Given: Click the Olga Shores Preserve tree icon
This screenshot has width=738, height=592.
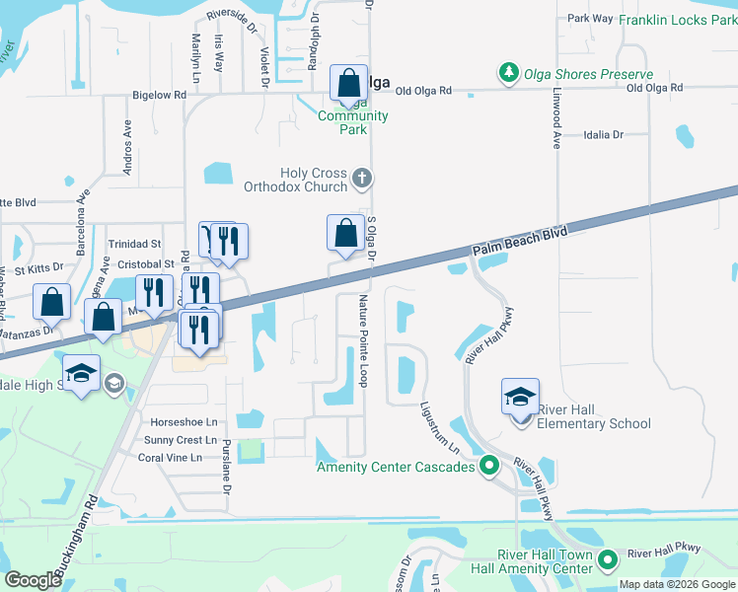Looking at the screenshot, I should [x=508, y=74].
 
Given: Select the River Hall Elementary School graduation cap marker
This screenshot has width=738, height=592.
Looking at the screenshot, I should [x=520, y=398].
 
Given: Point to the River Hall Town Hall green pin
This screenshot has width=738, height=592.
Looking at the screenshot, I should [x=609, y=560].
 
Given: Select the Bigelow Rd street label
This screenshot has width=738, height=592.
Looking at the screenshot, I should [x=159, y=96].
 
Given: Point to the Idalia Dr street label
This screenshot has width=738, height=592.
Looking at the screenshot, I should [x=603, y=134].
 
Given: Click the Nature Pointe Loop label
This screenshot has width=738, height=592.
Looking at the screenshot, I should [x=363, y=340].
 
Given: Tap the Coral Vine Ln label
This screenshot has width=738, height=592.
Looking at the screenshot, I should [x=170, y=458].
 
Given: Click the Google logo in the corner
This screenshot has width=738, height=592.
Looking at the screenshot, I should [x=33, y=580].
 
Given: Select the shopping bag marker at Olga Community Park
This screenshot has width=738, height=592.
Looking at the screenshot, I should [x=349, y=83].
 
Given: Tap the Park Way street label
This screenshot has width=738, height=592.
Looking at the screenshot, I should [x=590, y=18].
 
